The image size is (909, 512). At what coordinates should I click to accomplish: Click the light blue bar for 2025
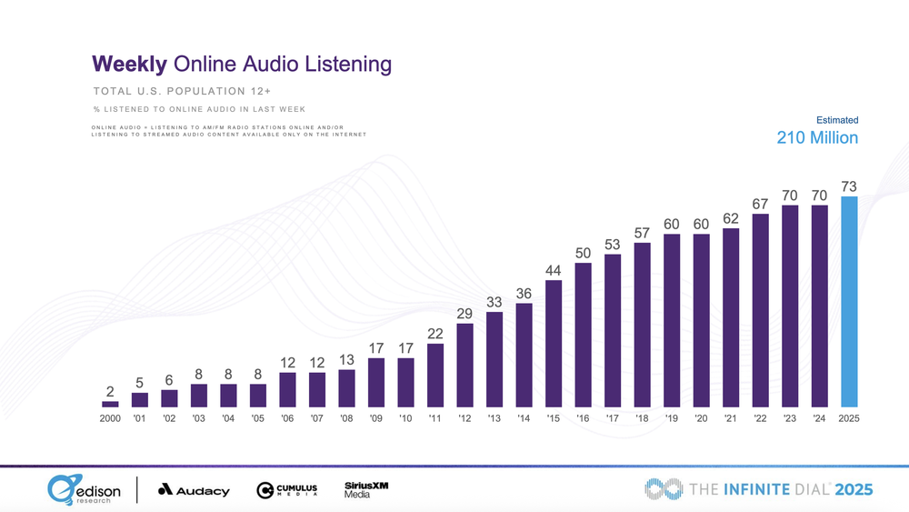click(x=849, y=302)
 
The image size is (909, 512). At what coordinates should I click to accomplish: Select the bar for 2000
click(x=110, y=403)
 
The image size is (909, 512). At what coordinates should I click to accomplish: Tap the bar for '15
click(x=554, y=343)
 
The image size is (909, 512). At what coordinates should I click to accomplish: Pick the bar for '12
click(x=464, y=365)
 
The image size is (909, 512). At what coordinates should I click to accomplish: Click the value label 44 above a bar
click(x=554, y=270)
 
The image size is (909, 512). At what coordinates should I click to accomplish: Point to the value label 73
click(x=849, y=186)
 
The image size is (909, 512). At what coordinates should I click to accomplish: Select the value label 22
click(x=435, y=334)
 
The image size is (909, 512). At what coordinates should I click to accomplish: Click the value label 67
click(x=761, y=203)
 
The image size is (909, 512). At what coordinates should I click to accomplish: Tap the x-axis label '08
click(x=346, y=418)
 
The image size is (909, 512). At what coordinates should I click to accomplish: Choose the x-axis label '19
click(x=672, y=418)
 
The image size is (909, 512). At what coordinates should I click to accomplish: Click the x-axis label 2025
click(x=849, y=418)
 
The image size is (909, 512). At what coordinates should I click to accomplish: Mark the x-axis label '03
click(x=199, y=418)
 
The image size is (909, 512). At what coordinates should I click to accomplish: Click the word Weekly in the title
click(x=128, y=65)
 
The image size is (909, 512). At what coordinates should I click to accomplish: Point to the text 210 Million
click(x=817, y=138)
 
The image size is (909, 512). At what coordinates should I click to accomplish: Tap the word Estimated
click(x=837, y=120)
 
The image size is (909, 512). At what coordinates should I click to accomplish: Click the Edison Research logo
click(x=85, y=489)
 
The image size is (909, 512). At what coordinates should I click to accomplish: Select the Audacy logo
click(x=194, y=490)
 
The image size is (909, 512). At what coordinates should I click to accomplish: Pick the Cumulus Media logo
click(x=287, y=490)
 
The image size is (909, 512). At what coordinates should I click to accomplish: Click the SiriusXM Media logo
click(x=366, y=489)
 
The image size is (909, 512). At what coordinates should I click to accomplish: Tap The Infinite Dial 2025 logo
click(x=759, y=489)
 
